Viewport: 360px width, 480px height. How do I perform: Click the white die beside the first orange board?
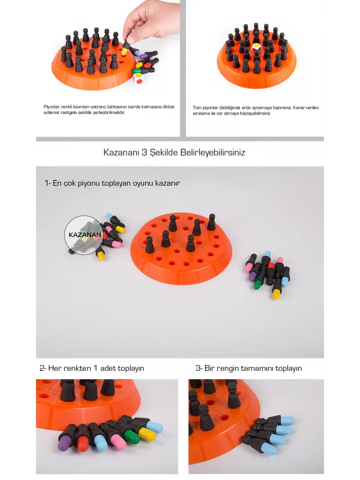(138, 78)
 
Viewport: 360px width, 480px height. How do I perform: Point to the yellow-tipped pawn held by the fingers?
(125, 48)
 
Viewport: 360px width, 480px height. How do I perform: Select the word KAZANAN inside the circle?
(85, 235)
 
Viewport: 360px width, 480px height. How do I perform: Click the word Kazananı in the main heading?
(121, 152)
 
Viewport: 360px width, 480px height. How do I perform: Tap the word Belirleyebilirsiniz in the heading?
(212, 152)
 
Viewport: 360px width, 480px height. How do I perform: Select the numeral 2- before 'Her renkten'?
(43, 368)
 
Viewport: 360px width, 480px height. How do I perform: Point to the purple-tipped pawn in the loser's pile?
(254, 273)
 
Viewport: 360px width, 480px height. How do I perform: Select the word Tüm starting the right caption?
(197, 108)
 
